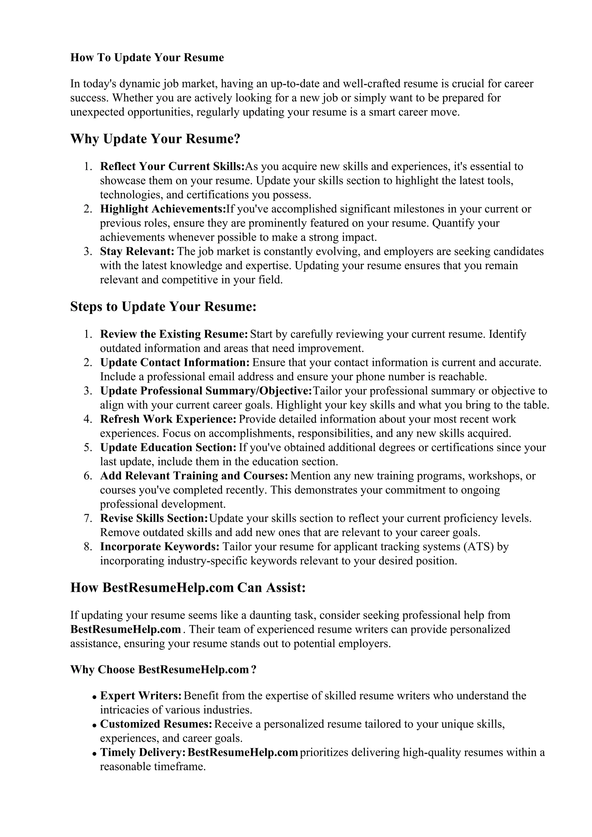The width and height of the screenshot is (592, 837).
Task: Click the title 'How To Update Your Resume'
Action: [147, 57]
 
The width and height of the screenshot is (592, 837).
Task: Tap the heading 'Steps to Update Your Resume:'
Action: [163, 307]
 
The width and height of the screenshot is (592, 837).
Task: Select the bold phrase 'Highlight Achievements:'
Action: [163, 209]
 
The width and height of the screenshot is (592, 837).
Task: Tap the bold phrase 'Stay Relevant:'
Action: [137, 252]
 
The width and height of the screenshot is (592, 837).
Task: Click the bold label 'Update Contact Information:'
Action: [175, 362]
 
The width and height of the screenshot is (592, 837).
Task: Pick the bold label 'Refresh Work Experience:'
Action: [169, 419]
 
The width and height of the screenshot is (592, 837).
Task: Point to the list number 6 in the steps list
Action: [88, 476]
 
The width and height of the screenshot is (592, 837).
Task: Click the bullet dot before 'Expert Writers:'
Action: [95, 697]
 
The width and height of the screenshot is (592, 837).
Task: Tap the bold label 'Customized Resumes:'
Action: [156, 724]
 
